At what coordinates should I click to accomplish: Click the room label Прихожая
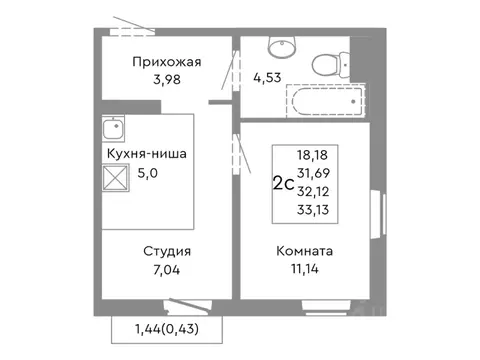click(x=167, y=62)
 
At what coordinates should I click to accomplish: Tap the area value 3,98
click(x=168, y=81)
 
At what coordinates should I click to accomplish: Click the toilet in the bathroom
click(x=324, y=63)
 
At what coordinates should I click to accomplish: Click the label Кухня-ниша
click(x=145, y=154)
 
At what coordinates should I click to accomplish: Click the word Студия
click(x=167, y=251)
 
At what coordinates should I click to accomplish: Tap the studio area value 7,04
click(x=167, y=270)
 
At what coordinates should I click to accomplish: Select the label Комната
click(x=306, y=251)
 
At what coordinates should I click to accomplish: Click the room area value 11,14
click(x=307, y=270)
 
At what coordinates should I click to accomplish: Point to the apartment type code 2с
click(x=284, y=183)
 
